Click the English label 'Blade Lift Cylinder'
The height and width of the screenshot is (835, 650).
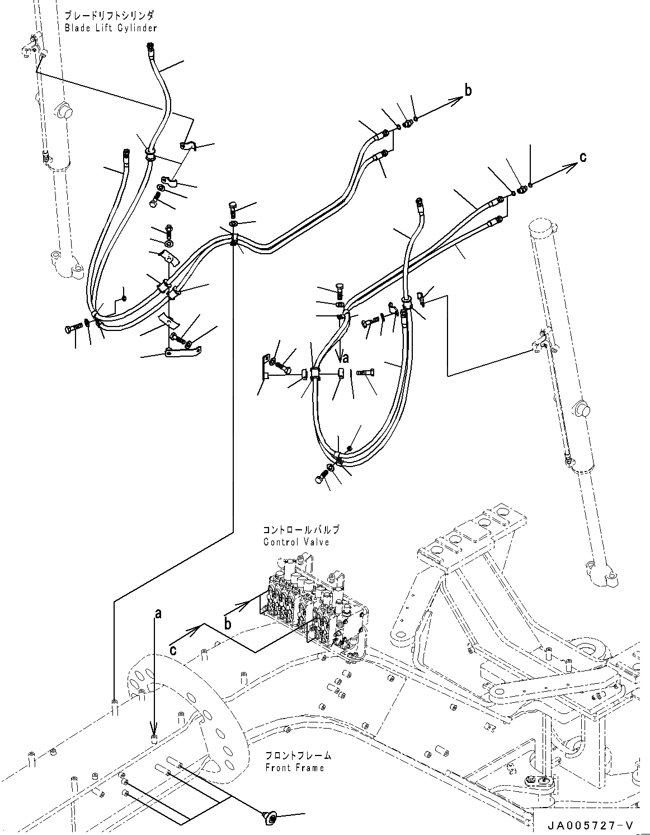coord(110,27)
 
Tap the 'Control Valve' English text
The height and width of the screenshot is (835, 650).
coord(296,542)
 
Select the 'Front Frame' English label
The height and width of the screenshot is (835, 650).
coord(294,768)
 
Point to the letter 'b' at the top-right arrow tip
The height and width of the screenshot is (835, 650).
coord(468,90)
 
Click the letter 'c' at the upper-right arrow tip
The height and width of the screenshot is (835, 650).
coord(583,157)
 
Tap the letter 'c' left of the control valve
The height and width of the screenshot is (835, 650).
coord(175,649)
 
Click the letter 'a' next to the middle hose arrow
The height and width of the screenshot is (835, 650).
coord(346,357)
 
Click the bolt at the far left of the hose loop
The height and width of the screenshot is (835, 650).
coord(73,329)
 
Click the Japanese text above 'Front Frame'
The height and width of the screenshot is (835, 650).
coord(298,755)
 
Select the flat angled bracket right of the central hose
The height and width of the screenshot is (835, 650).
coord(261,367)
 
